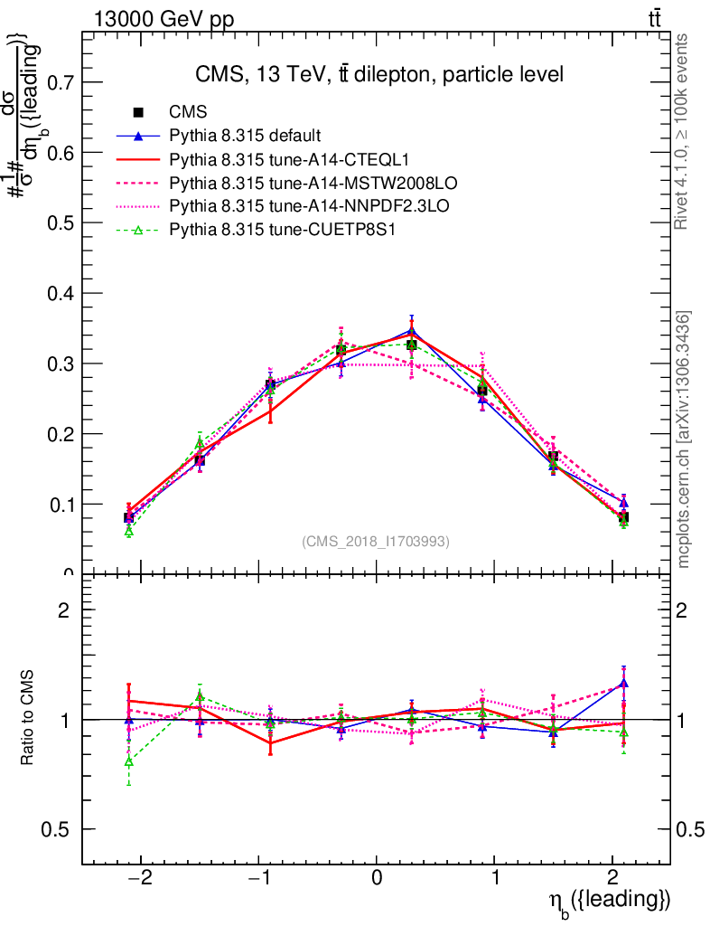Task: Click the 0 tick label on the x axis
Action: [x=377, y=876]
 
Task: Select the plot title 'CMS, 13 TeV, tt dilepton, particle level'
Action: [x=379, y=75]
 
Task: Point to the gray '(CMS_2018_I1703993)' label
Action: [x=376, y=541]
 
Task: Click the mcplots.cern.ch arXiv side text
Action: [x=684, y=439]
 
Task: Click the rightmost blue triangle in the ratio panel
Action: [x=623, y=684]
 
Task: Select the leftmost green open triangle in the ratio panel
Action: [x=129, y=761]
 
